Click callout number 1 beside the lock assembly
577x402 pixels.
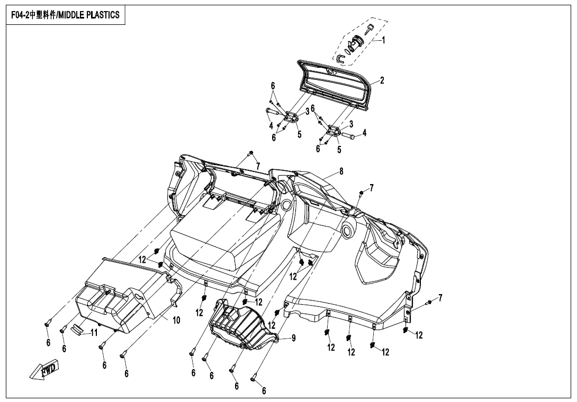coord(383,40)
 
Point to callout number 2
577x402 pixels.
coord(382,80)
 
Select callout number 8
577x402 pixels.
coord(341,171)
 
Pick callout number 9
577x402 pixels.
coord(293,337)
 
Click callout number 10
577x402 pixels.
coord(176,320)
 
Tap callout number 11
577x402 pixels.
coord(94,333)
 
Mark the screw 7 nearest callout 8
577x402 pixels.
coord(360,193)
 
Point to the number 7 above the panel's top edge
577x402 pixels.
coord(258,166)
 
